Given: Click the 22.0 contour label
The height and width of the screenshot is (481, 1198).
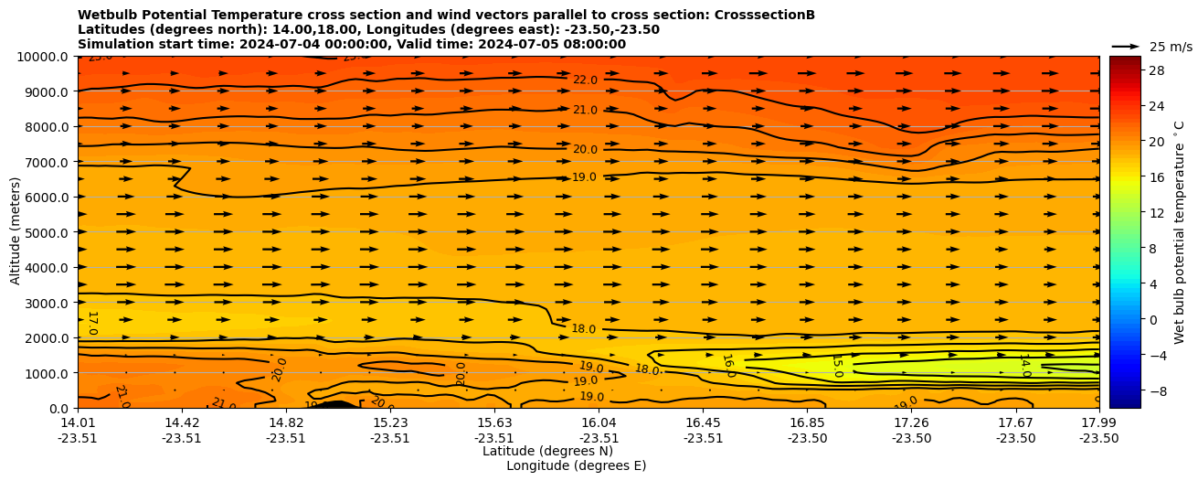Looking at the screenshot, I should click(x=585, y=80).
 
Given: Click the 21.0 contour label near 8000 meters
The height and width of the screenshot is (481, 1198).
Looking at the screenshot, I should click(x=585, y=111).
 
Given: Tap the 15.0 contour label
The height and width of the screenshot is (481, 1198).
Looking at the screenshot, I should click(x=836, y=366).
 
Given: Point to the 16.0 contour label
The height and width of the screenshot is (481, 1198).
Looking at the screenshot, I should click(x=728, y=366).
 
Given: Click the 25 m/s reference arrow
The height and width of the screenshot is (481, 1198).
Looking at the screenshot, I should click(x=1126, y=47).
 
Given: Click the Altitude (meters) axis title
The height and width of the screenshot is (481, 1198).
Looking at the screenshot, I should click(x=16, y=231).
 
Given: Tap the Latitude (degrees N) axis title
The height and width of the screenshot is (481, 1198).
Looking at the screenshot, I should click(x=547, y=451).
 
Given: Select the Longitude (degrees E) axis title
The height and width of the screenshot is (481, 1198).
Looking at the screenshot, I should click(x=576, y=465).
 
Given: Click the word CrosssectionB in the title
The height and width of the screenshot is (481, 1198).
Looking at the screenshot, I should click(x=768, y=16).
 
